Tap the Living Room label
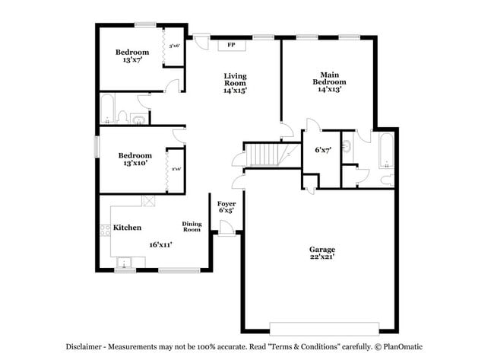coord(235,78)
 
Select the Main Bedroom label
coord(330,77)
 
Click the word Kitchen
coord(127,228)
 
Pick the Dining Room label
coord(192,226)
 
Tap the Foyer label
coord(226,204)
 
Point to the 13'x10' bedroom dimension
coord(131,164)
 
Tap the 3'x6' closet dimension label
coord(174,46)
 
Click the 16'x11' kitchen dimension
coord(161,244)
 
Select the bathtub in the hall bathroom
coord(107,108)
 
